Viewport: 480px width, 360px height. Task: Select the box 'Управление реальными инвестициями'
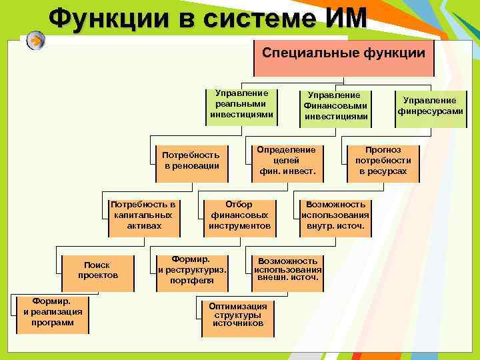tap(241, 105)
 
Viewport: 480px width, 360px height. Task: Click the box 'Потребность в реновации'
tap(191, 161)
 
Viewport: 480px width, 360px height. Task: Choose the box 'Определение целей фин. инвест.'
tap(287, 161)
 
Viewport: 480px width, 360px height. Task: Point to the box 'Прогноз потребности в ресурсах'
tap(383, 161)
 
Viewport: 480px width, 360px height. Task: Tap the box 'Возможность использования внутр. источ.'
tap(335, 215)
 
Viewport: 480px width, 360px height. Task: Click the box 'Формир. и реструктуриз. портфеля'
tap(192, 270)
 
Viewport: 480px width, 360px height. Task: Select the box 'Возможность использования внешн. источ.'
tap(287, 269)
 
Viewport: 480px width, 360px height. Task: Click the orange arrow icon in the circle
tap(37, 41)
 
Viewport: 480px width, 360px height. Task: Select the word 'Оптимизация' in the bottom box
tap(237, 306)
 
